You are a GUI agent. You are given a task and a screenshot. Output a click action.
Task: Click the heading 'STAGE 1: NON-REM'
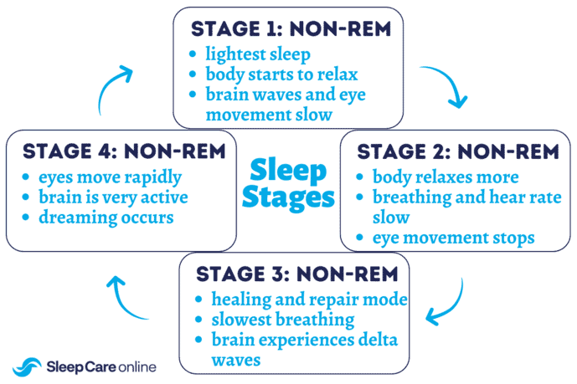tap(291, 28)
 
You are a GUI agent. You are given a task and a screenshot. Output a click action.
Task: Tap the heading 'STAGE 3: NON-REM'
tap(294, 274)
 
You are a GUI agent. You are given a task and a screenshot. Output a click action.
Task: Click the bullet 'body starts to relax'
tap(281, 74)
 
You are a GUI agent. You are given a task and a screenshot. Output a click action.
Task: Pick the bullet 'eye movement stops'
tap(453, 238)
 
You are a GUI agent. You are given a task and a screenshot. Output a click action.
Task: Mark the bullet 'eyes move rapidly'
tap(109, 177)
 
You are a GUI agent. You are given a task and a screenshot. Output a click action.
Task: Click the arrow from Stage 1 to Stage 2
tap(446, 86)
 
